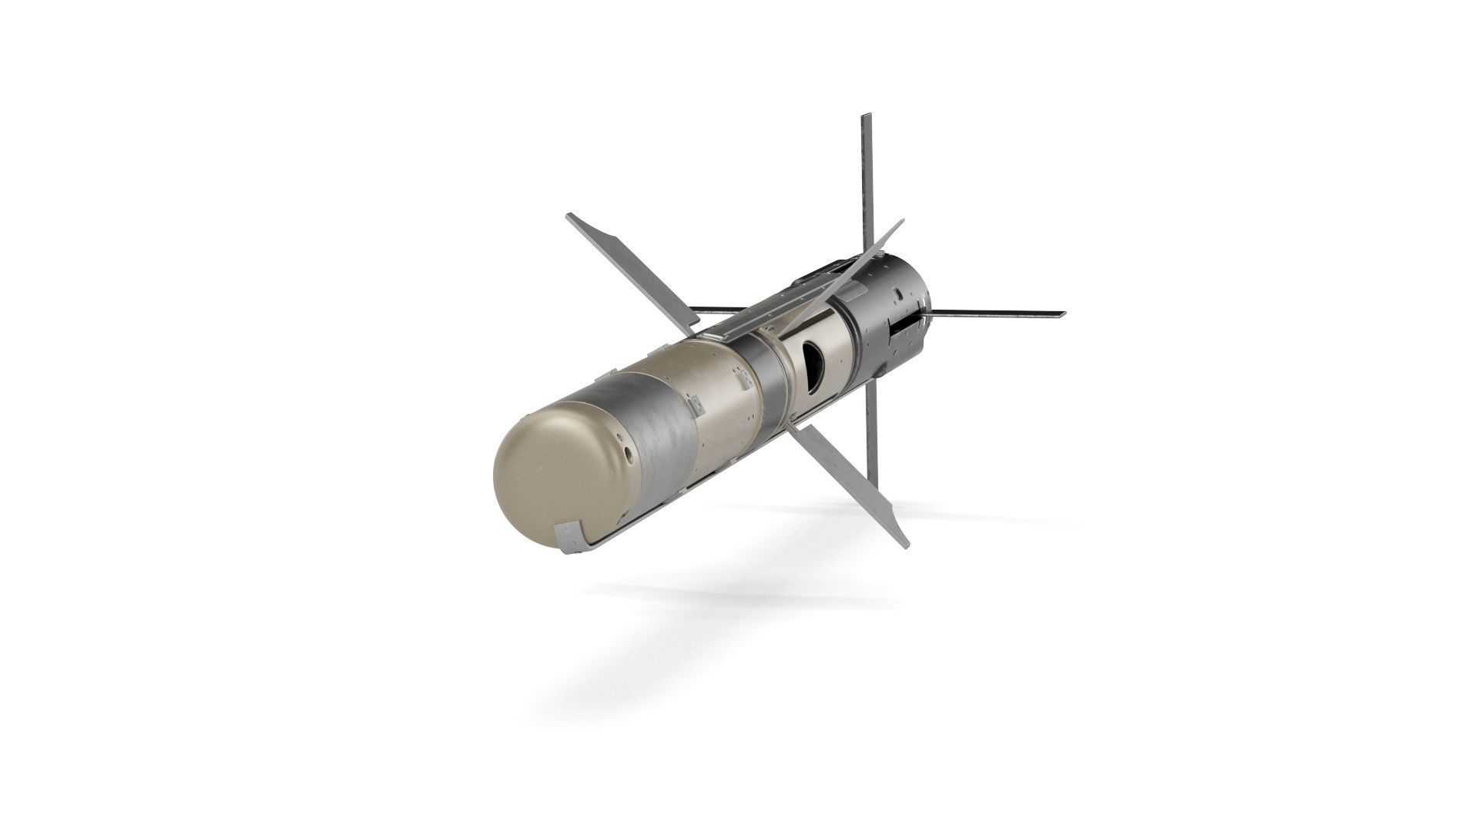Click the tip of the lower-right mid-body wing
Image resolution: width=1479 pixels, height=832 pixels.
coord(907,543)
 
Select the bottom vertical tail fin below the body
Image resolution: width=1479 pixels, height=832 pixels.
coord(871,431)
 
